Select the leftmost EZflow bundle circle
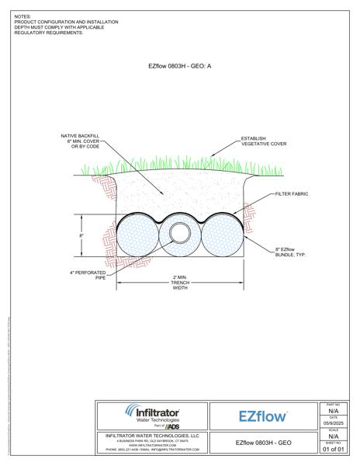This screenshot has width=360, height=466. (x=138, y=236)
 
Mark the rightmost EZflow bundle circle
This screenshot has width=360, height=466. (x=220, y=236)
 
